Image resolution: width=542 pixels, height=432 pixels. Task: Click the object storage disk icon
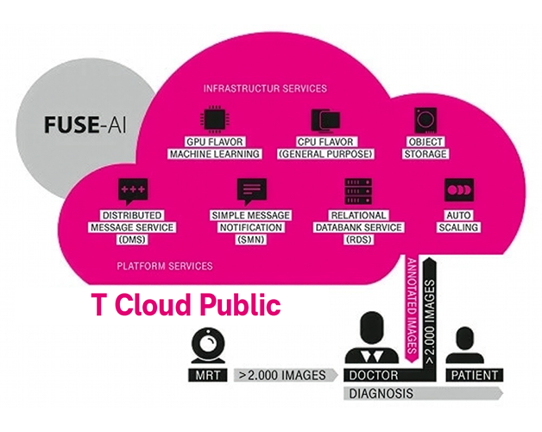pos(425,119)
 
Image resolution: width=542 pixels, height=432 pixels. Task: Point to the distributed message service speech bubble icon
pos(132,190)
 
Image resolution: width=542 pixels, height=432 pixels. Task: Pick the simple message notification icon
pos(251,190)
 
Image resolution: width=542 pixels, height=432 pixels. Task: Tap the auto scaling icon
pos(457,190)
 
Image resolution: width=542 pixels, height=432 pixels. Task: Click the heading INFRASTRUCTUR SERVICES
pos(264,88)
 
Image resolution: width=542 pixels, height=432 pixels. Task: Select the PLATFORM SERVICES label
pos(164,265)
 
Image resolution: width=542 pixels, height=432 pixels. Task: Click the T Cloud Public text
pos(186,305)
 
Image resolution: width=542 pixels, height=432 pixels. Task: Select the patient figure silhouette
pos(466,346)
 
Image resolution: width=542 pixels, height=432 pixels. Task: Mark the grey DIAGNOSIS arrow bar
pos(423,393)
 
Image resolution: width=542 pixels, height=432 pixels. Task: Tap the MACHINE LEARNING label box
pos(215,154)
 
